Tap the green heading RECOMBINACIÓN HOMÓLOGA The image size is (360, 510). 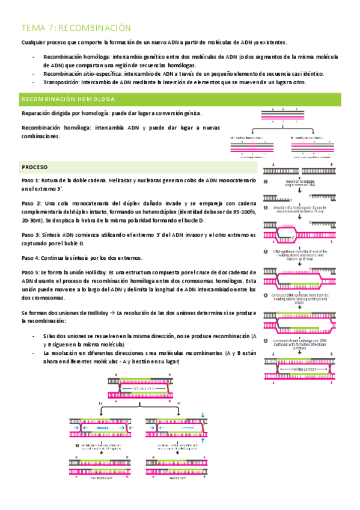click(x=69, y=99)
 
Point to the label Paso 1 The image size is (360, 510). click(x=31, y=180)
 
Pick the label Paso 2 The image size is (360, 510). click(x=31, y=203)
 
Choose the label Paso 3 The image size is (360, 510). click(x=31, y=235)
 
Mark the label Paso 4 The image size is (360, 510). click(x=31, y=257)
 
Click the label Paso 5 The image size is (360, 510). click(x=31, y=272)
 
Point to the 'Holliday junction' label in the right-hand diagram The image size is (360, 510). click(x=301, y=367)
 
